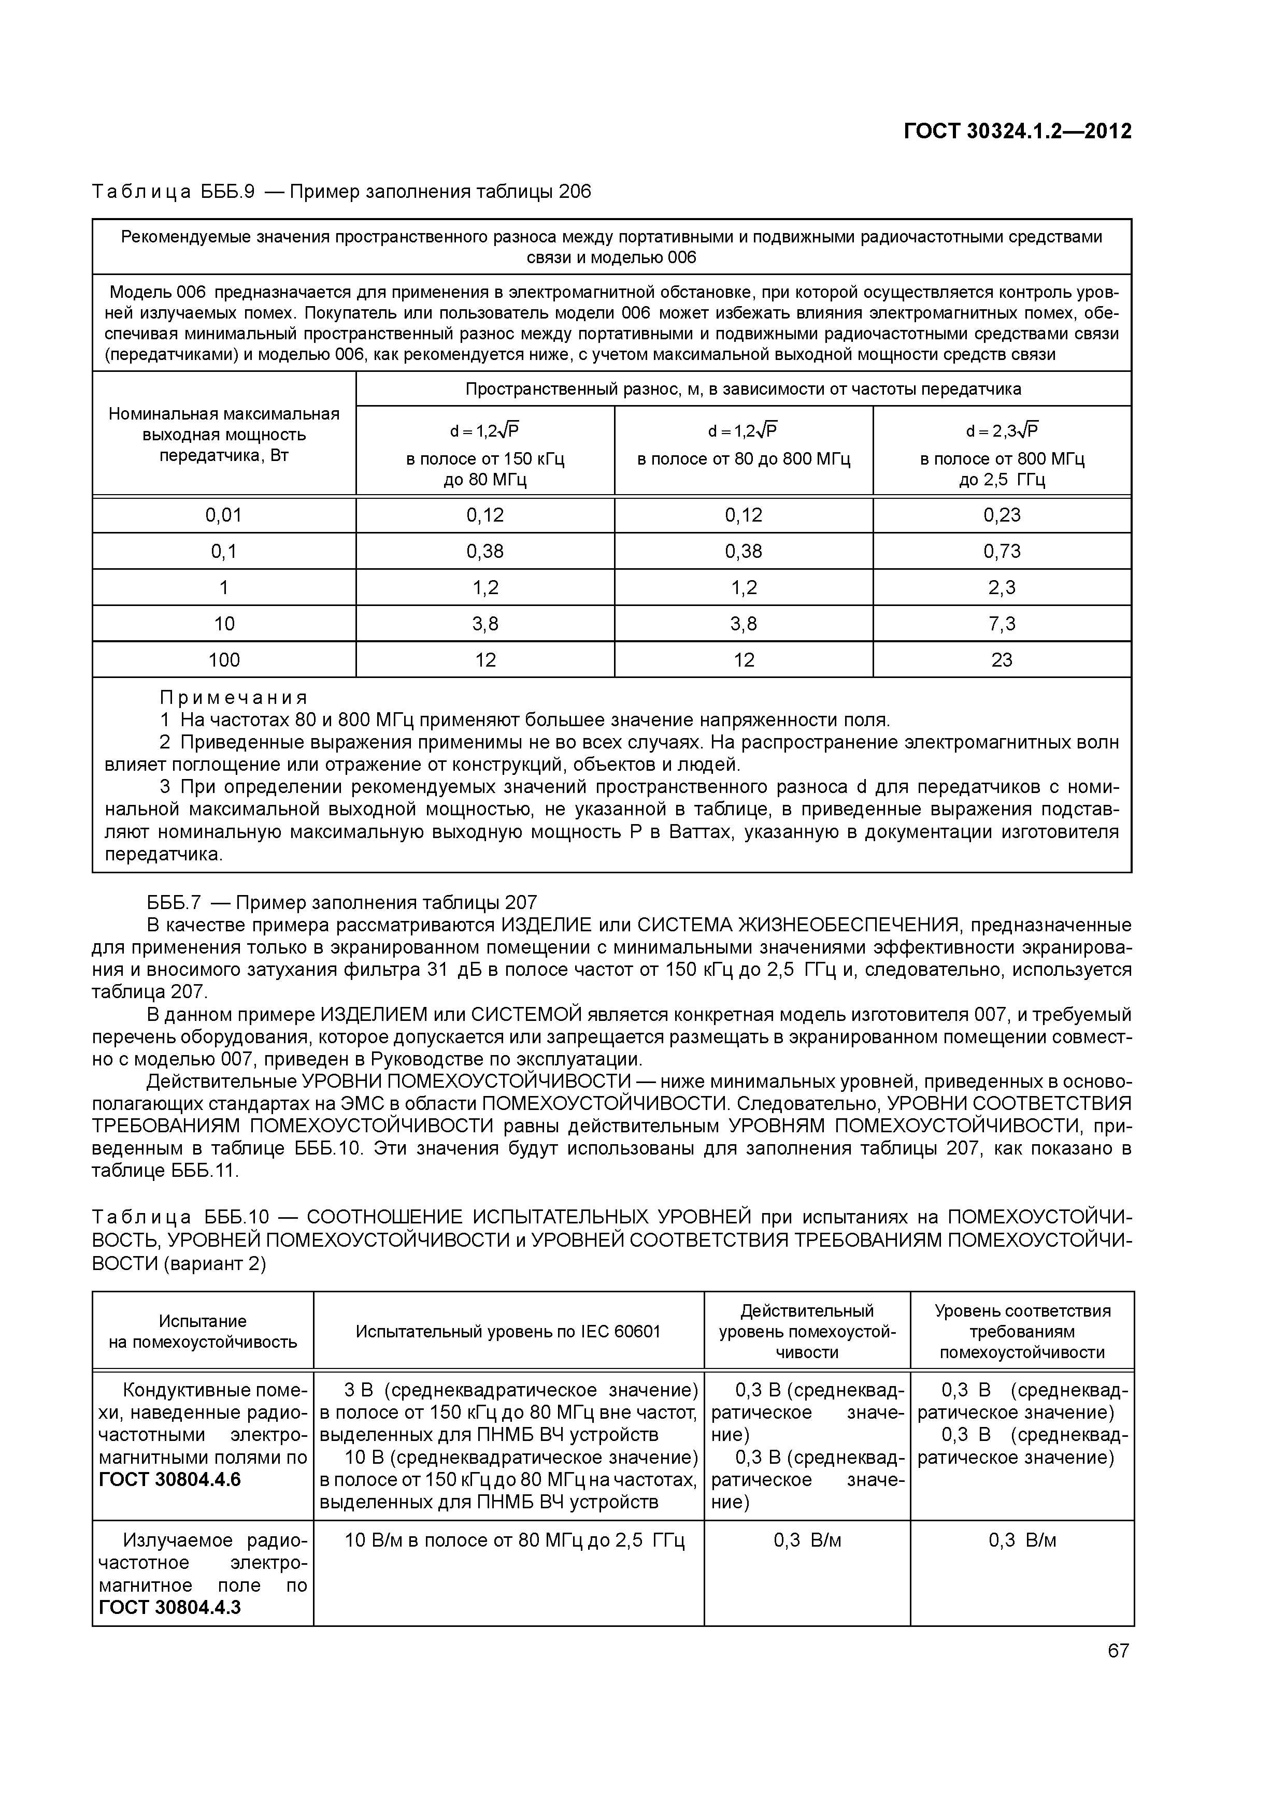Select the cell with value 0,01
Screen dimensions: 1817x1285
pyautogui.click(x=223, y=515)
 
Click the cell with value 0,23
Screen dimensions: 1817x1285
pyautogui.click(x=1002, y=515)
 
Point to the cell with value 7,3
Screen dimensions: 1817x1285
pyautogui.click(x=1002, y=624)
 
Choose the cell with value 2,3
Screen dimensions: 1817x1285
pyautogui.click(x=1002, y=587)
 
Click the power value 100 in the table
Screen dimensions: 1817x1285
pyautogui.click(x=223, y=660)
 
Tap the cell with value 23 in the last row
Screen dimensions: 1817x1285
pyautogui.click(x=1002, y=660)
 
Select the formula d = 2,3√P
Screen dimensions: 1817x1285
pyautogui.click(x=1002, y=430)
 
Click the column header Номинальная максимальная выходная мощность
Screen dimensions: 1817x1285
pyautogui.click(x=223, y=435)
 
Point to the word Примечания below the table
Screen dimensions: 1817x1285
pyautogui.click(x=234, y=697)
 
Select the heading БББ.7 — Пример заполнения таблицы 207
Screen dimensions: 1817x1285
pyautogui.click(x=342, y=903)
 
